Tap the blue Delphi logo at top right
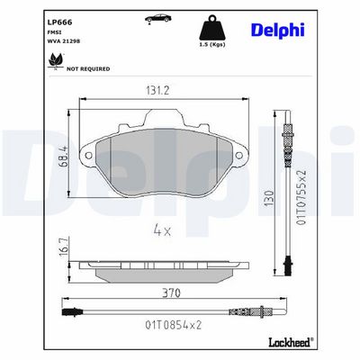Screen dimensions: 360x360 click(278, 31)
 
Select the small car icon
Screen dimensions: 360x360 click(158, 18)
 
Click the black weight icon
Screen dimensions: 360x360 click(212, 28)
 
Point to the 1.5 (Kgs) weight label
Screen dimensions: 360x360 click(212, 45)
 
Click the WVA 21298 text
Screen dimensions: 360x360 click(64, 41)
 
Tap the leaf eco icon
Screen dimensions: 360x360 click(56, 61)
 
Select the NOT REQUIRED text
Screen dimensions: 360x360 click(88, 69)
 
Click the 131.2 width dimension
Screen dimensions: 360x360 click(157, 90)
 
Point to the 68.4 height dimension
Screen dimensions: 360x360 click(64, 157)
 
